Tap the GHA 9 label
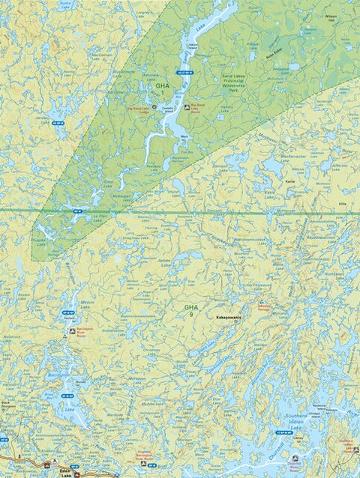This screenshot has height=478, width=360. (x=192, y=309)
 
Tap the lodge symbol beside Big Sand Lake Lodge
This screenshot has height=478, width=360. (x=154, y=106)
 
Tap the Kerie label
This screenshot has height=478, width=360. (x=291, y=181)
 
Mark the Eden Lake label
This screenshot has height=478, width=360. (x=65, y=471)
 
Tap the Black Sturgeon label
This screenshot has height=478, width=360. (x=6, y=405)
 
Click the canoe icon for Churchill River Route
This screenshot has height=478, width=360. (x=294, y=456)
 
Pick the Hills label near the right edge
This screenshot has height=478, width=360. (x=344, y=203)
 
